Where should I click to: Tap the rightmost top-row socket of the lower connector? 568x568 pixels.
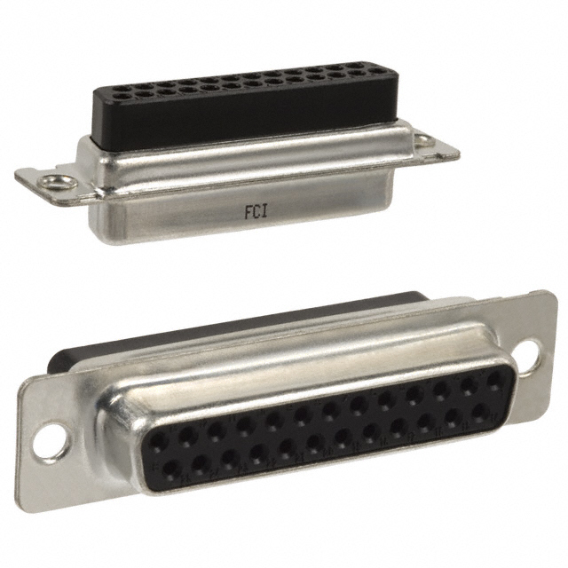494,379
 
